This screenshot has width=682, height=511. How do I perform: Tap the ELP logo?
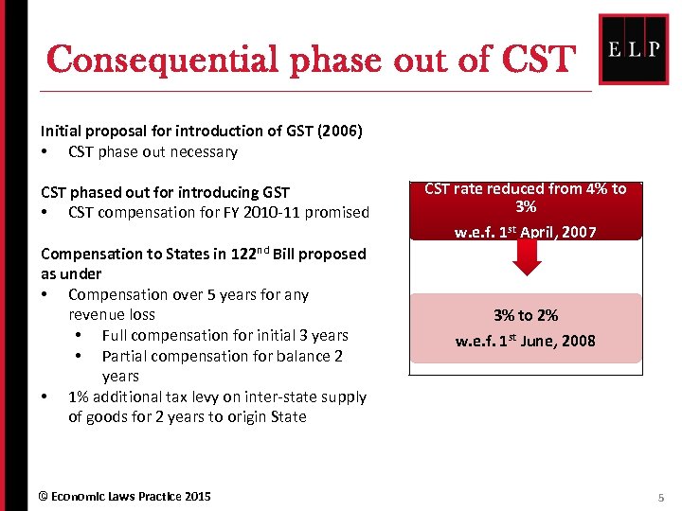click(634, 49)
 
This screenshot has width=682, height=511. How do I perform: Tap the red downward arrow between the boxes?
click(526, 258)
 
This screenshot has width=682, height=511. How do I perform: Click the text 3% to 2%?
click(526, 315)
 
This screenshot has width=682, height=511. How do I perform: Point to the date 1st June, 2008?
click(546, 341)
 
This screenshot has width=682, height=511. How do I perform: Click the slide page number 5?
click(661, 497)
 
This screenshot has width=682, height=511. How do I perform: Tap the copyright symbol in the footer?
click(43, 497)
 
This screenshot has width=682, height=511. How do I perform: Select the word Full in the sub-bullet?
click(118, 335)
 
